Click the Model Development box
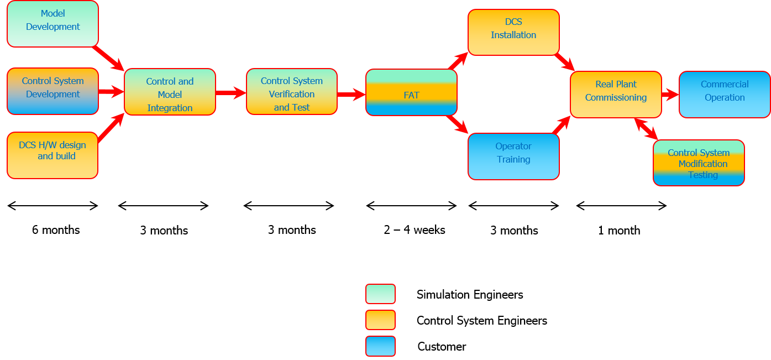(x=53, y=23)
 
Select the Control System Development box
(x=53, y=91)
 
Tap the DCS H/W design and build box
(x=53, y=155)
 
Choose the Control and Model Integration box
(x=170, y=92)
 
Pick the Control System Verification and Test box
(x=292, y=91)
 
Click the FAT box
(x=411, y=92)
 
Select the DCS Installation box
(x=513, y=32)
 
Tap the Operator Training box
(x=513, y=156)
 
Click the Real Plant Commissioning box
(x=616, y=94)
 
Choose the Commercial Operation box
(x=725, y=94)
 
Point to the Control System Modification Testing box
(x=699, y=163)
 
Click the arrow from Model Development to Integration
(x=109, y=58)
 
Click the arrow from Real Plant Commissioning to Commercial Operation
(x=670, y=95)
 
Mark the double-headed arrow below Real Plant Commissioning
(x=646, y=128)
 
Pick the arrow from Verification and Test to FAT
(x=351, y=95)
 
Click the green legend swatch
(x=380, y=294)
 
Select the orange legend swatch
(x=380, y=320)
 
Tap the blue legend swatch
(x=380, y=346)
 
